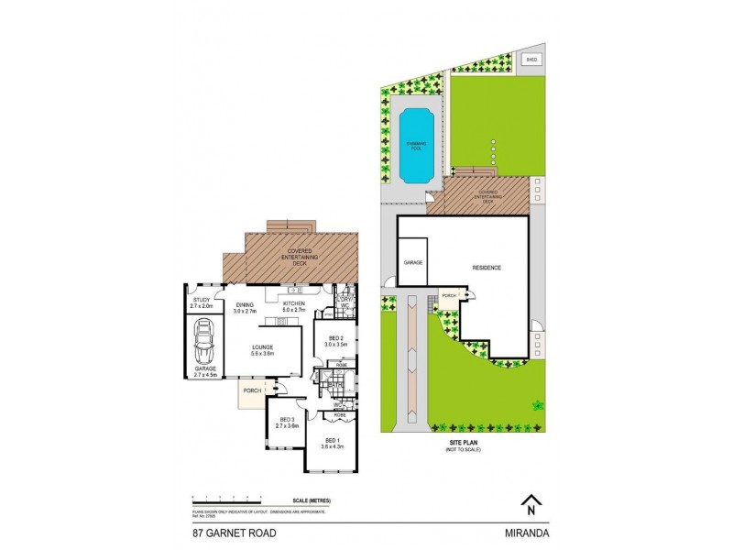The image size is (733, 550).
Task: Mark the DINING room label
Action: [x=244, y=305]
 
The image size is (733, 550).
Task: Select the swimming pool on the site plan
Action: [x=417, y=145]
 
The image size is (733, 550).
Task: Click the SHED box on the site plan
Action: [x=531, y=60]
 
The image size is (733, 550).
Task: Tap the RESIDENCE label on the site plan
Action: [x=486, y=268]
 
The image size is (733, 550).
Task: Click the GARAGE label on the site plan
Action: [x=411, y=262]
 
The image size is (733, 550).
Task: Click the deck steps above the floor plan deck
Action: [x=290, y=226]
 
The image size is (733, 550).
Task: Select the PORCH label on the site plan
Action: [x=449, y=296]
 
